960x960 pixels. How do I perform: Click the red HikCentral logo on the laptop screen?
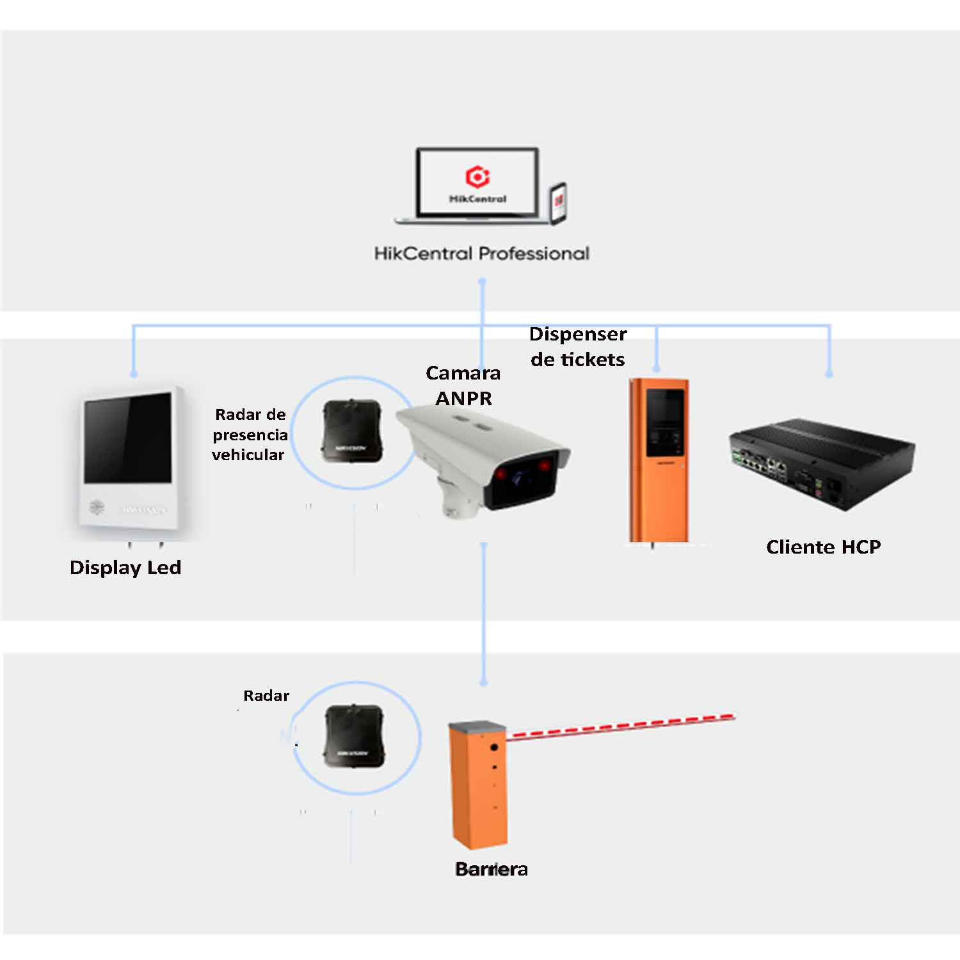click(477, 176)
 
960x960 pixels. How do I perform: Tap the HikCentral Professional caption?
click(481, 253)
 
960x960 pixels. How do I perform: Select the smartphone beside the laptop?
click(558, 204)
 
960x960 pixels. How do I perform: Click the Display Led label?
click(125, 568)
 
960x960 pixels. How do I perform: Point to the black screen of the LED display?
click(128, 439)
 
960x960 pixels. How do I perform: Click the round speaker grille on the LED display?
click(97, 508)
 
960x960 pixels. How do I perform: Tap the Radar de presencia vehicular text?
click(250, 435)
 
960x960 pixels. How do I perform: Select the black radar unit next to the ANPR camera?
click(351, 432)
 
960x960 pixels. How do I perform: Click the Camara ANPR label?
click(463, 385)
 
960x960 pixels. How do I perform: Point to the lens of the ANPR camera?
click(520, 478)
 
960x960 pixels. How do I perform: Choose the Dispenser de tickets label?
click(578, 346)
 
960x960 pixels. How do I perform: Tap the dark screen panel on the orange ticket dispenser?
click(666, 422)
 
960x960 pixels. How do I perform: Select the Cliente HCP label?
click(823, 547)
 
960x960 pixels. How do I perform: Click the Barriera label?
click(492, 869)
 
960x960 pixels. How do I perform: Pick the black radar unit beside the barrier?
click(354, 737)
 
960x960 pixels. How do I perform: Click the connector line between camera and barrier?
click(484, 614)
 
